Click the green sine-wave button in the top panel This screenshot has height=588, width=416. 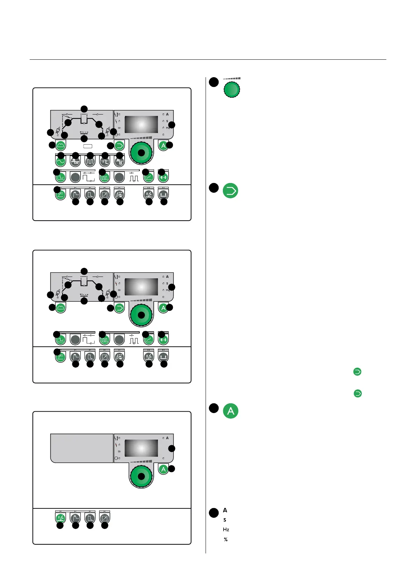[61, 161]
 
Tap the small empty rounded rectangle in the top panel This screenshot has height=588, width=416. [88, 146]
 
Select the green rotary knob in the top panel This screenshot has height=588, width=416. [141, 153]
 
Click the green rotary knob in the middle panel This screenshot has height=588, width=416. [141, 315]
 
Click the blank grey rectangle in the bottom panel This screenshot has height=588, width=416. [82, 448]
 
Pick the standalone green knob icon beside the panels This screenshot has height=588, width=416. [232, 89]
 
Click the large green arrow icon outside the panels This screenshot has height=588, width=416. [231, 191]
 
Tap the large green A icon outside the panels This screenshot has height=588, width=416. [231, 411]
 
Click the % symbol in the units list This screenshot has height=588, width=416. [226, 539]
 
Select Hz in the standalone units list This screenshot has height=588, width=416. [226, 530]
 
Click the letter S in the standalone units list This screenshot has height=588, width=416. [225, 520]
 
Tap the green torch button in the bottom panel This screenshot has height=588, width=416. [61, 518]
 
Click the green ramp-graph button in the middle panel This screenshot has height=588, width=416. [149, 339]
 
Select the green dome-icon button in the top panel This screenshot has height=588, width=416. [61, 145]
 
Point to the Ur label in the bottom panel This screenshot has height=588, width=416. [119, 451]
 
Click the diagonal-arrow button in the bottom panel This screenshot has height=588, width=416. [105, 518]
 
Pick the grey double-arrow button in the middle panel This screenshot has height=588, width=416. [163, 357]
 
